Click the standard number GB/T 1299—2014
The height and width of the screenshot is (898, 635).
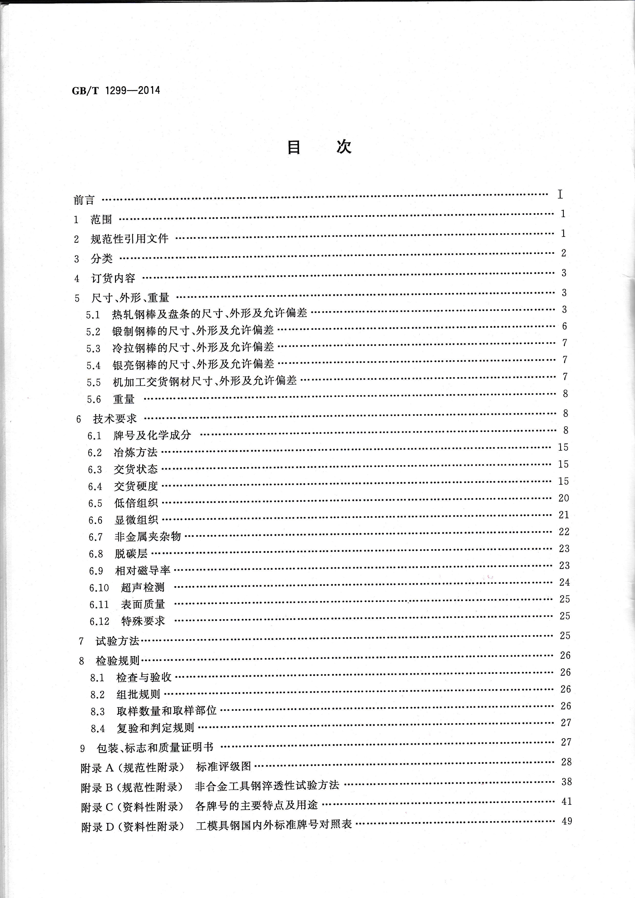116,90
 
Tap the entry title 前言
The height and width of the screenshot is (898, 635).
84,200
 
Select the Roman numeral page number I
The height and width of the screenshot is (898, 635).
560,194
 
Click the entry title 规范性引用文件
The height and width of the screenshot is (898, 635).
129,239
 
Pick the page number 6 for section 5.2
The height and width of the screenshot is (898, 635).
564,326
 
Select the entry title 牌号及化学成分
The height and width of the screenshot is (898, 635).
153,435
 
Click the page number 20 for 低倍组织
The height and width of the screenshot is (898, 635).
564,498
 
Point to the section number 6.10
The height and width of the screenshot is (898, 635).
99,587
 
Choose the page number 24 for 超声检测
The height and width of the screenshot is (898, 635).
564,582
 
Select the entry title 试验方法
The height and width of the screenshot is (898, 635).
117,641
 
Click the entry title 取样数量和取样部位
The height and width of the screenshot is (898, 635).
167,711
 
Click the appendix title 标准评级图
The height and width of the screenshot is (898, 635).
224,767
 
